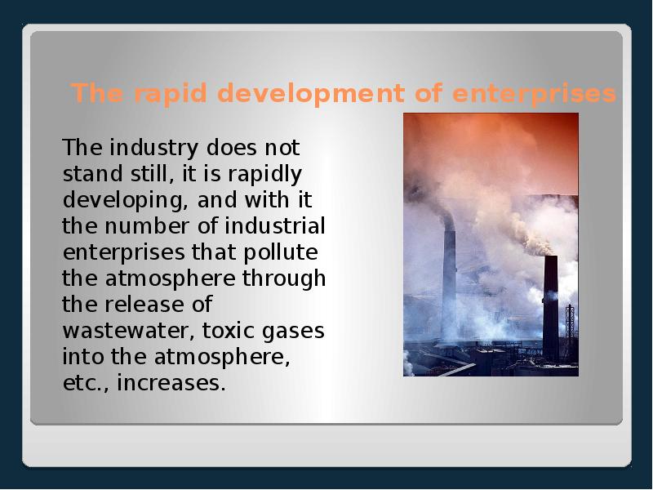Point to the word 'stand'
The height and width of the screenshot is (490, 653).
[89, 175]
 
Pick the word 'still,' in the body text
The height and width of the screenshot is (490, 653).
[152, 175]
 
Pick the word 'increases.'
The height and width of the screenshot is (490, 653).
[171, 383]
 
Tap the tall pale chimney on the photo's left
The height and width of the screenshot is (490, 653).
[449, 286]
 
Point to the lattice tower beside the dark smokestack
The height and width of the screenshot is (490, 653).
[570, 331]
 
